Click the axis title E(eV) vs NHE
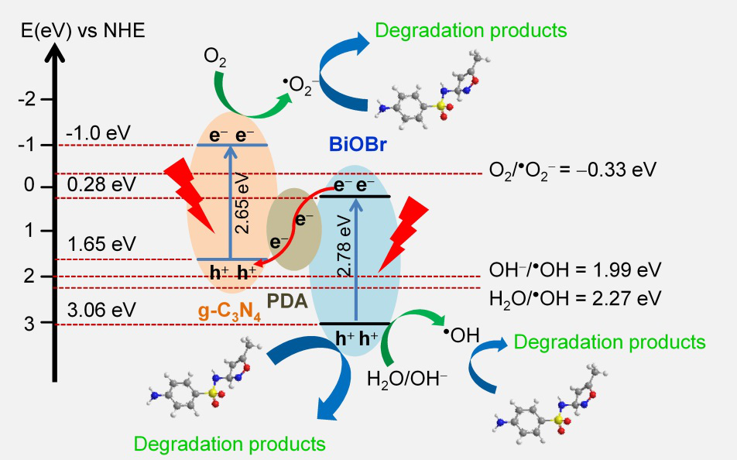tap(78, 31)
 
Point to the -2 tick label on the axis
tap(29, 99)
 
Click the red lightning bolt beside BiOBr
tap(403, 232)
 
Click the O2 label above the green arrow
tap(215, 57)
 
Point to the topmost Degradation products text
tap(471, 31)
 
